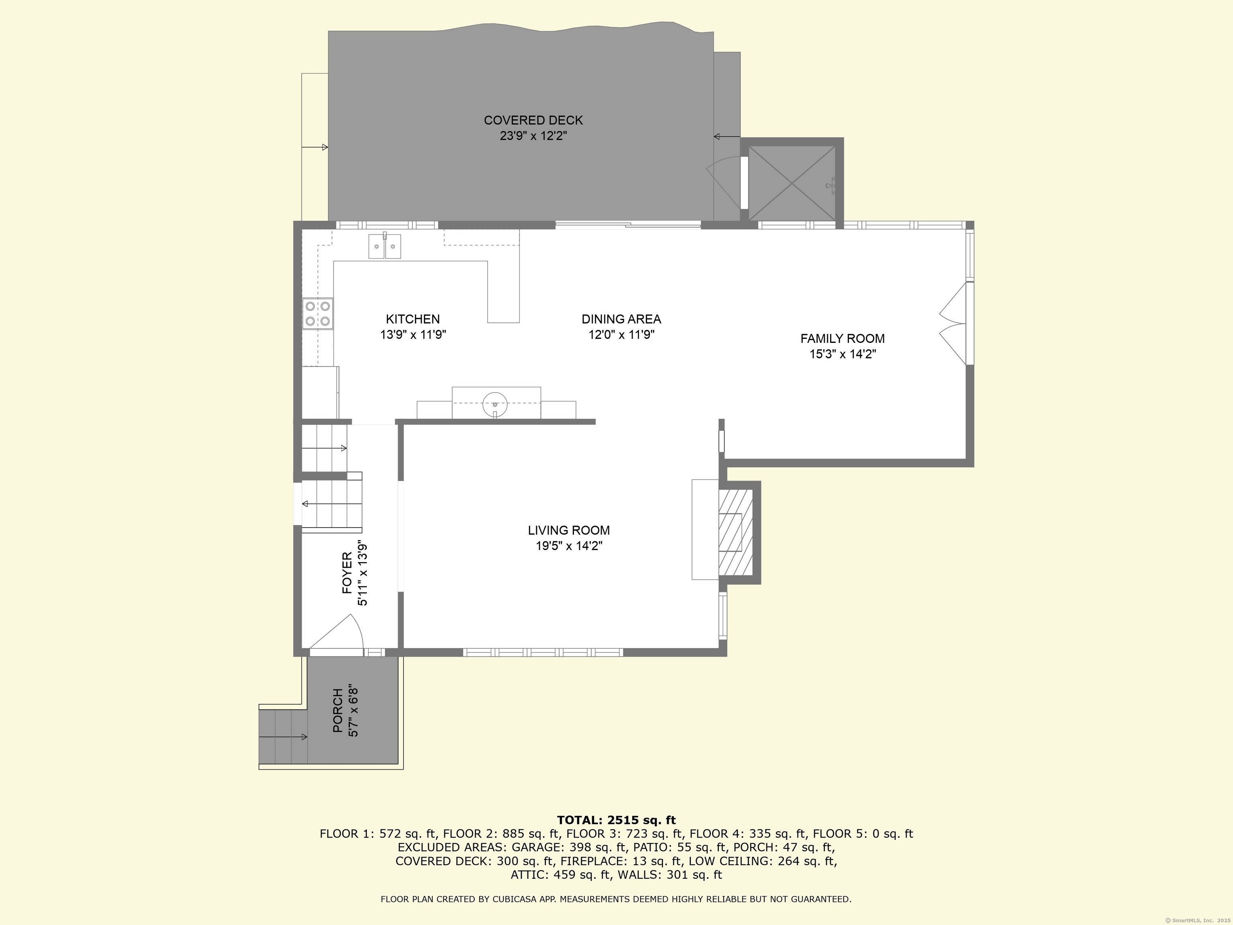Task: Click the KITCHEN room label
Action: (413, 319)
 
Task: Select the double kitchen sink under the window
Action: (385, 247)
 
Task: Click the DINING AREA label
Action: (621, 319)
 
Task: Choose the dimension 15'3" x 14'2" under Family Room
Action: (842, 354)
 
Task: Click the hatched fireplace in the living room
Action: (735, 532)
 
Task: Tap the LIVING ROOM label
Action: (569, 530)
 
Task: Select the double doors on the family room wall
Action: (954, 324)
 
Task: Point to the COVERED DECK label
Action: (533, 120)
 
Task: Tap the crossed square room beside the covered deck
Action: (791, 183)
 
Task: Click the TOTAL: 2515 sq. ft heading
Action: (616, 820)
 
